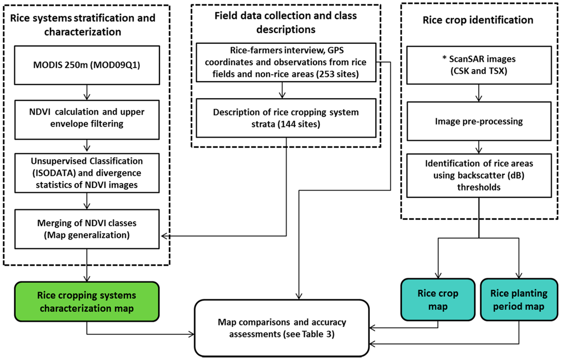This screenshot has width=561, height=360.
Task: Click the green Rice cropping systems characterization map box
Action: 87,300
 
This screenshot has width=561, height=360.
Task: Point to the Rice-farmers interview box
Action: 282,62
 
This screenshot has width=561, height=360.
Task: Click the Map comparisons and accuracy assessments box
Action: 282,328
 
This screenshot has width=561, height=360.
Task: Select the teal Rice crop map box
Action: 437,300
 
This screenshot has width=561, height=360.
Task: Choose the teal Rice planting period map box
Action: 517,300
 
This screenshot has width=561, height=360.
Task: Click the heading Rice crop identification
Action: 478,20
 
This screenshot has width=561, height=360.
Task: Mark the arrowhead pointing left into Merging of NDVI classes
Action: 165,236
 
